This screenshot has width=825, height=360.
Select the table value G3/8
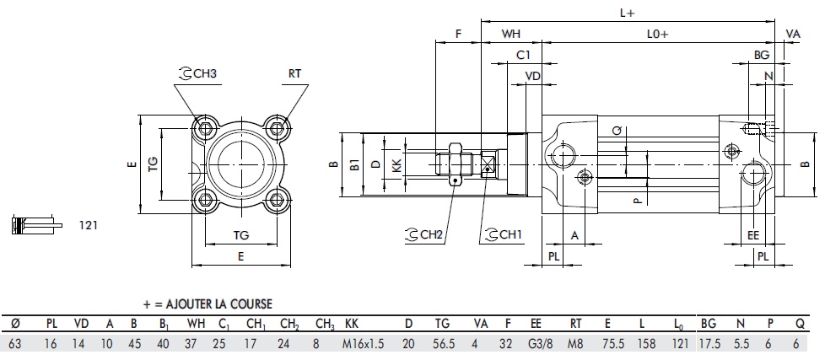point(537,345)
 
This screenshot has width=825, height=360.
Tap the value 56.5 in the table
point(442,345)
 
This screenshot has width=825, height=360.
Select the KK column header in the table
point(352,324)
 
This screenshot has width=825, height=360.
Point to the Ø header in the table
point(14,324)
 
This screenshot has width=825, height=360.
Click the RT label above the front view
point(294,74)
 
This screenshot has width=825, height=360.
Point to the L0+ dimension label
point(658,34)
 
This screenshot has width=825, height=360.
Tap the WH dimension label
point(510,34)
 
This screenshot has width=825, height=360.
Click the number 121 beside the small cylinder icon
point(89,225)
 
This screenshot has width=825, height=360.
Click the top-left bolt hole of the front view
point(205,129)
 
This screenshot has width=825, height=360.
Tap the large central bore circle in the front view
point(241,164)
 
